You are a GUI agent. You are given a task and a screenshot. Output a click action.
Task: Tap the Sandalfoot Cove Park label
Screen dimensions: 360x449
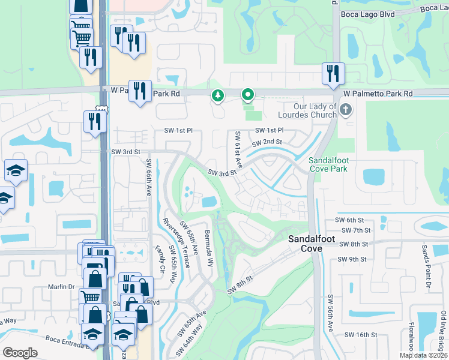pos(328,164)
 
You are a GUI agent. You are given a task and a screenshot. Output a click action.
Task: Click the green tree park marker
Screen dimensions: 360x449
pos(217,95)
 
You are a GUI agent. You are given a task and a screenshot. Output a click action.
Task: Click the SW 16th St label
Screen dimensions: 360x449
pos(361,335)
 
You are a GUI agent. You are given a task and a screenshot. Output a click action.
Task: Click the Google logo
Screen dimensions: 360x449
pos(20,353)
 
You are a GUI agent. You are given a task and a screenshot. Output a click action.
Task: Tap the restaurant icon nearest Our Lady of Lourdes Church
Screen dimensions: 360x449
pos(333,74)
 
